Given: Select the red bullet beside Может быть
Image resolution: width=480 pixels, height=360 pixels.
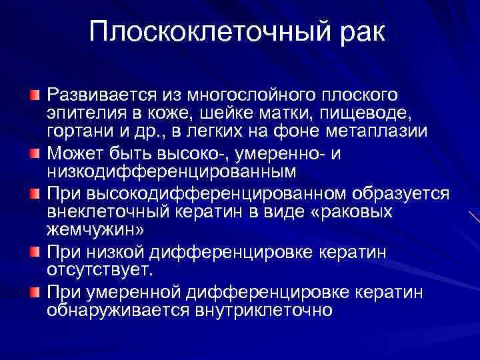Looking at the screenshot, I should (35, 155).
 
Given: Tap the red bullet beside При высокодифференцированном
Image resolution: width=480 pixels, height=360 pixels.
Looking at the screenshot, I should (35, 194).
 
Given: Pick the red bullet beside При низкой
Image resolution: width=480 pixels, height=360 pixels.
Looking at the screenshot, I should (35, 251).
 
